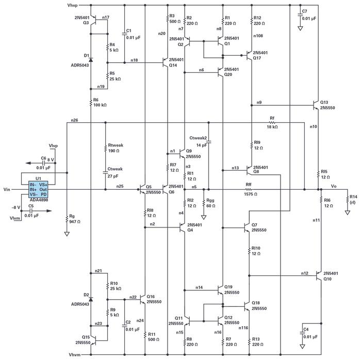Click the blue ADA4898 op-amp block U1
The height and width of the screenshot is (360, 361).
(38, 189)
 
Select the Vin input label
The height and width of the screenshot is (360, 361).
(7, 189)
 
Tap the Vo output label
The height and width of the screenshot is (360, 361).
(334, 186)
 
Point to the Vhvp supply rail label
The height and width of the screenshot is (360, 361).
(72, 5)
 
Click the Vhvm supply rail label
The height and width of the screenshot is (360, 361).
(75, 355)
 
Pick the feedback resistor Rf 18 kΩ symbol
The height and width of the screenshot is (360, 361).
(272, 123)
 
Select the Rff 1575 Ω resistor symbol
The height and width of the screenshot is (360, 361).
(249, 189)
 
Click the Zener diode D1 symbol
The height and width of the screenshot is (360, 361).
(91, 60)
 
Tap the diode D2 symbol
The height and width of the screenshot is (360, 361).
(91, 299)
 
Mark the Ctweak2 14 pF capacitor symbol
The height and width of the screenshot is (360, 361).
(208, 143)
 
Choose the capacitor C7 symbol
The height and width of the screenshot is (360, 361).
(300, 14)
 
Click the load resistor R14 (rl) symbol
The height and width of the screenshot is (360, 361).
(348, 199)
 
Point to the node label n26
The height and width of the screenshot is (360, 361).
(74, 120)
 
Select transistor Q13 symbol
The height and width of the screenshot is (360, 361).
(316, 105)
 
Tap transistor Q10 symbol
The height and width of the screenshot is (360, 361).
(319, 275)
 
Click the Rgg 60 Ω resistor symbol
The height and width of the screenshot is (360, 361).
(204, 203)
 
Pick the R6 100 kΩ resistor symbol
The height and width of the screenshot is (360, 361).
(91, 102)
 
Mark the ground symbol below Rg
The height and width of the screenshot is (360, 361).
(67, 234)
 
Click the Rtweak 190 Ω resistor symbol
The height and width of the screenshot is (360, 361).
(105, 148)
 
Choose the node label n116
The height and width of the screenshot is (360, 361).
(243, 328)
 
